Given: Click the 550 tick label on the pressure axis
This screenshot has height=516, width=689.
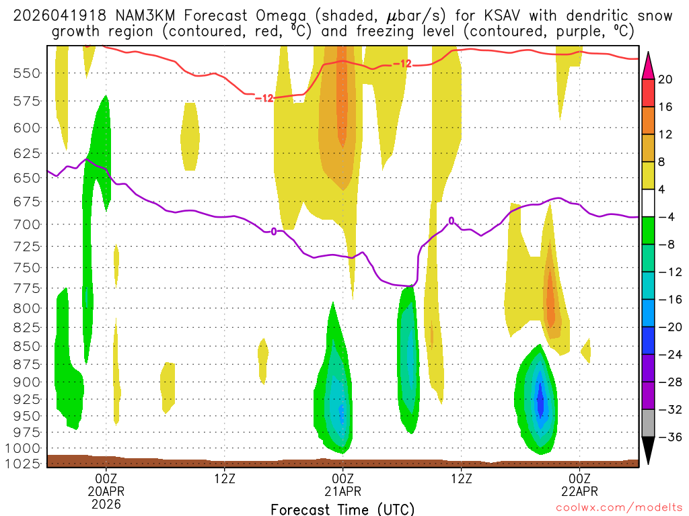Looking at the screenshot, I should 24,73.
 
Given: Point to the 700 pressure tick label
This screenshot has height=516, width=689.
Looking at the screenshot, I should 24,224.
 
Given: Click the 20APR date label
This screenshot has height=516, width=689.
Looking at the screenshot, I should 106,490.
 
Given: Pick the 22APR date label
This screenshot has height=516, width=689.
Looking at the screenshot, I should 579,490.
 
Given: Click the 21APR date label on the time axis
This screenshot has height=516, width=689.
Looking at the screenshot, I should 343,490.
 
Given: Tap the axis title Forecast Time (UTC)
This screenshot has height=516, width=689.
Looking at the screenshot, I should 342,509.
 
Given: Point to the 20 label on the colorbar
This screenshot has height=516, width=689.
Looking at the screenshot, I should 665,79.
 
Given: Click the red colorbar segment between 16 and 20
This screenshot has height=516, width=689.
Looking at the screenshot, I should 649,93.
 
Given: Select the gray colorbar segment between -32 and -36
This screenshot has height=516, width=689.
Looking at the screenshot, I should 649,423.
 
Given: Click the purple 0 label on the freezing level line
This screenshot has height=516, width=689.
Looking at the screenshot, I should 274,231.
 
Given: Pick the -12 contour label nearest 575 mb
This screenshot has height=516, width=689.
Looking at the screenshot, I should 264,98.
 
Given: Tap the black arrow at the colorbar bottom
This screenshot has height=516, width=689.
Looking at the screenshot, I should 649,449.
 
